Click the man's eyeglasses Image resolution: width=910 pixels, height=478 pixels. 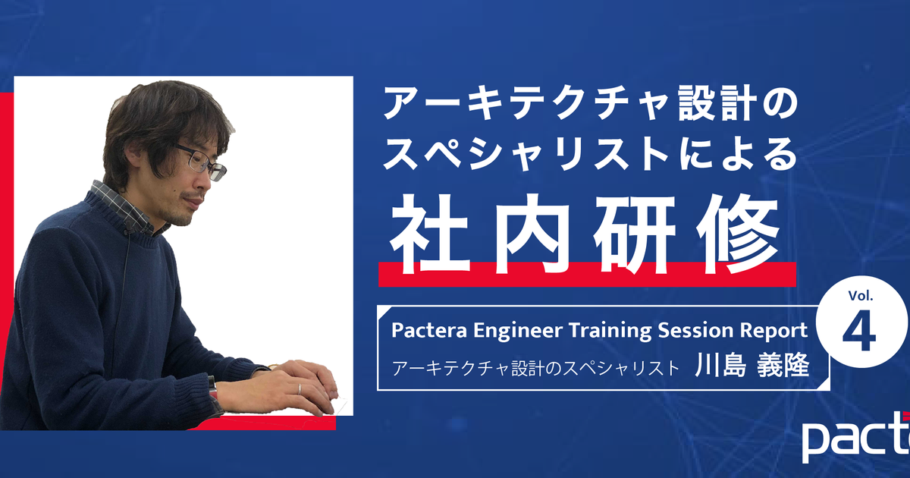(201, 162)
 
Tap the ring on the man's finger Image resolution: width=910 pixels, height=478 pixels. (300, 389)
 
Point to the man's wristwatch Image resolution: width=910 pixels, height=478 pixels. (212, 388)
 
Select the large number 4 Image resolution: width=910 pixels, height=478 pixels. (858, 332)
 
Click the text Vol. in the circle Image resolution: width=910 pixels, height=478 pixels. (861, 295)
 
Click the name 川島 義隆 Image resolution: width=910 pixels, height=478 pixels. (752, 365)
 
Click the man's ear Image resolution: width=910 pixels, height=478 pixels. (133, 153)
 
